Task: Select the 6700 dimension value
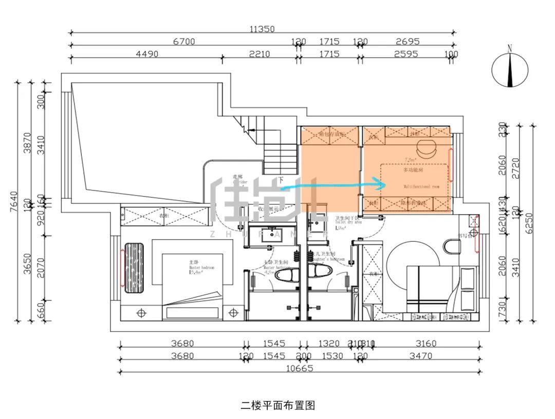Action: click(183, 42)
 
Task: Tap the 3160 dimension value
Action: click(424, 344)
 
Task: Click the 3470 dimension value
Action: click(424, 356)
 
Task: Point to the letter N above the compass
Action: click(510, 49)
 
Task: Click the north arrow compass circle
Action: click(510, 72)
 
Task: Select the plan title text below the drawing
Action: click(277, 405)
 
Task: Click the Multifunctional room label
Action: click(421, 187)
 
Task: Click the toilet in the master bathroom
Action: click(284, 276)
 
